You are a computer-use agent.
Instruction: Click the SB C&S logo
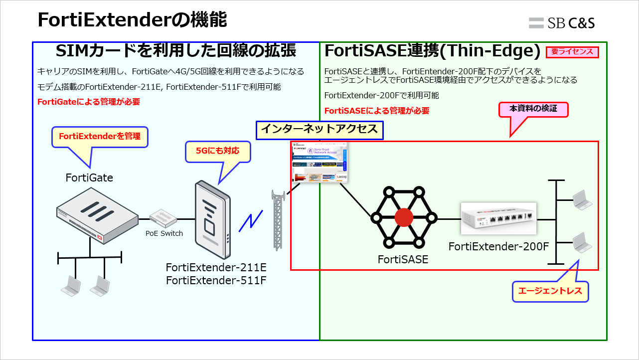[562, 22]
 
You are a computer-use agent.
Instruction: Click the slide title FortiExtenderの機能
[132, 20]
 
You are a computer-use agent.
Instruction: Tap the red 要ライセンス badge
[572, 51]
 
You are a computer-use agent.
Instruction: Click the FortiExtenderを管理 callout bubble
[100, 136]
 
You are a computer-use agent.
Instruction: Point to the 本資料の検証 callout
[533, 109]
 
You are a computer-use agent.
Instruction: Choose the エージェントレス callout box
[550, 291]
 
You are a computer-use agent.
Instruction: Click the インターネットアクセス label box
[319, 130]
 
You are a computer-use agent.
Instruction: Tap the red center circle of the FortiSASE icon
[403, 217]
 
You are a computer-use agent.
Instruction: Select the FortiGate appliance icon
[97, 215]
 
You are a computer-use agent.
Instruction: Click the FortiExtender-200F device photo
[498, 218]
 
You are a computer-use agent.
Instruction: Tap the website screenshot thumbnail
[319, 163]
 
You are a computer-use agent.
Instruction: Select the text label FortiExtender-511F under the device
[216, 280]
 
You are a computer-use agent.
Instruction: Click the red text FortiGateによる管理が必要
[89, 102]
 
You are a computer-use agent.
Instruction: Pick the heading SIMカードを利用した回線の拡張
[176, 51]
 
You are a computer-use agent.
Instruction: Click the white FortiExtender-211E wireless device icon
[213, 219]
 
